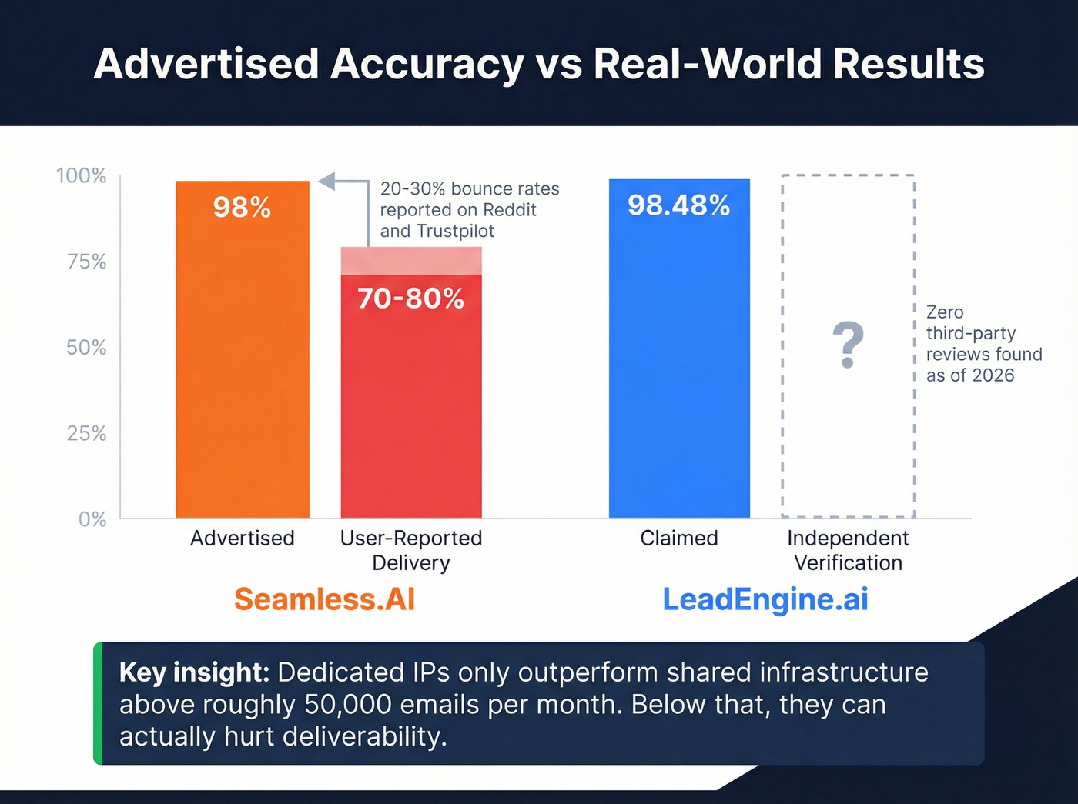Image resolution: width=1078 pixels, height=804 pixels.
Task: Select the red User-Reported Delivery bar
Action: tap(411, 400)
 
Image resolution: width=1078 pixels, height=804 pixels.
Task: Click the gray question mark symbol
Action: tap(848, 345)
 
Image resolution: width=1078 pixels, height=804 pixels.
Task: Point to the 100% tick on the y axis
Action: tap(81, 176)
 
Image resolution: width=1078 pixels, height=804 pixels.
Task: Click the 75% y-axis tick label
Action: tap(86, 262)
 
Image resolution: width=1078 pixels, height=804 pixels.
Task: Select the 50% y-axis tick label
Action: tap(86, 348)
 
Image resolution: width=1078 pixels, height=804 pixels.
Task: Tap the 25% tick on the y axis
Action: tap(86, 434)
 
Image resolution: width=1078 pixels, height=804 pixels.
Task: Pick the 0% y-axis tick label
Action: tap(92, 519)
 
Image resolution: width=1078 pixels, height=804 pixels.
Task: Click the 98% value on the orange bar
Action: tap(242, 208)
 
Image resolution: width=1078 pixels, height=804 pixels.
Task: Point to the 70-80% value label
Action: tap(411, 299)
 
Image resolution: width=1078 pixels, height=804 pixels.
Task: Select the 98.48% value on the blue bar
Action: tap(678, 205)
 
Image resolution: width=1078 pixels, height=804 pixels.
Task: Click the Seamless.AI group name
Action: tap(324, 599)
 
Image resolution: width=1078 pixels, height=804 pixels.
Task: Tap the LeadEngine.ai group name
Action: tap(765, 599)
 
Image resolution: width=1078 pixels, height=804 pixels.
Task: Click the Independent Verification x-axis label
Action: tap(848, 550)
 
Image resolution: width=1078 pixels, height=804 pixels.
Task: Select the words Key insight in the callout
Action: tap(194, 672)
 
